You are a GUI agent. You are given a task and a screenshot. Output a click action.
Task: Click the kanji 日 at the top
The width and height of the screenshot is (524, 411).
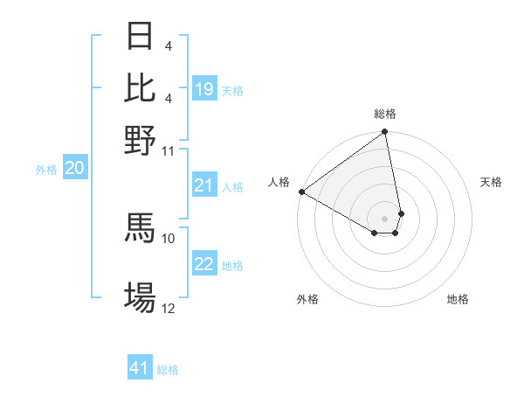click(140, 38)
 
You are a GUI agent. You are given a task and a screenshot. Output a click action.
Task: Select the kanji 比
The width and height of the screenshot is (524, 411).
click(140, 88)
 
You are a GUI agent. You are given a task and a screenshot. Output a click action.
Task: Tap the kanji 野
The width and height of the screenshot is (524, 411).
click(140, 139)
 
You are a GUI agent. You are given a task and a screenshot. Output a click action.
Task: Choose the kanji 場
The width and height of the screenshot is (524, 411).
click(140, 296)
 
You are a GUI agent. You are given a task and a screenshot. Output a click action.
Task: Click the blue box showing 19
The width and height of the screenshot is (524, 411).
click(204, 89)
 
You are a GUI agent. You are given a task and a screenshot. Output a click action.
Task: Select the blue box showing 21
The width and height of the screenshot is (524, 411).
click(204, 185)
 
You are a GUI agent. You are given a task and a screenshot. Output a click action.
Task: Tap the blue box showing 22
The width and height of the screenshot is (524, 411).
click(204, 265)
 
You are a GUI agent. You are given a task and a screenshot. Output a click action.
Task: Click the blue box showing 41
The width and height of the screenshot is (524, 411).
click(140, 369)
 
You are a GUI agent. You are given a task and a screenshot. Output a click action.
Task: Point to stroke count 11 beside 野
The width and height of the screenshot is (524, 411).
click(168, 151)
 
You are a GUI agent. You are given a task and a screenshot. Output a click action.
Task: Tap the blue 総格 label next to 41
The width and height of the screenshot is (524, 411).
click(168, 370)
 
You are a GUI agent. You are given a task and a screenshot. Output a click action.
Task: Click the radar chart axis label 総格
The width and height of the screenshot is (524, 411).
click(385, 114)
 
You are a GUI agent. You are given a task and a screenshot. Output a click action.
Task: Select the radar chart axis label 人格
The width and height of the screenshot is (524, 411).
click(279, 182)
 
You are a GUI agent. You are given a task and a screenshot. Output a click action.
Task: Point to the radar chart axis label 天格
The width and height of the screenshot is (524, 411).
click(491, 182)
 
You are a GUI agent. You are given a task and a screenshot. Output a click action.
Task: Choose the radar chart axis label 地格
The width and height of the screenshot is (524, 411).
click(458, 299)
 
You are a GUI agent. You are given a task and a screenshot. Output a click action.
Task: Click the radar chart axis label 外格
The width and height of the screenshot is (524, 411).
click(307, 299)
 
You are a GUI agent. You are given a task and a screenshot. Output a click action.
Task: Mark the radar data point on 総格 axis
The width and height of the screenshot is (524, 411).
click(385, 133)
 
